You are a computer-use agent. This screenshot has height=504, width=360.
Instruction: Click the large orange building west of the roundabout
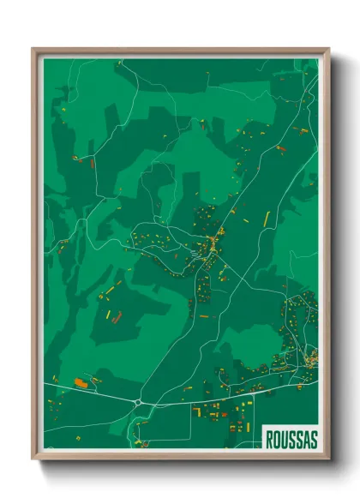tap(82, 381)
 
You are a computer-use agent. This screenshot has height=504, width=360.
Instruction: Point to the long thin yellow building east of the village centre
tap(266, 219)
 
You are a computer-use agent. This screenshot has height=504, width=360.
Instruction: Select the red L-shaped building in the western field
tap(117, 317)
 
